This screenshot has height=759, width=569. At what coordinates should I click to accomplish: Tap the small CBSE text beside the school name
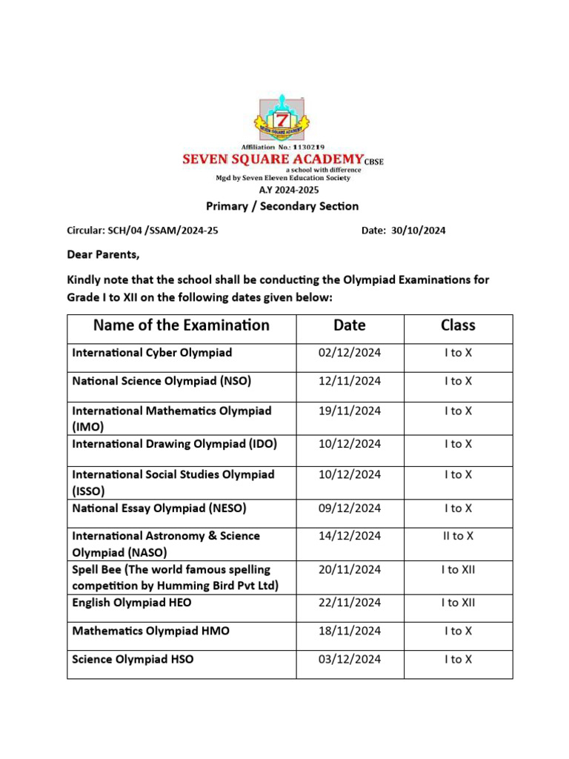tap(374, 162)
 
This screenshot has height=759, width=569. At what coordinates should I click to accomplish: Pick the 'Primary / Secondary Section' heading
tap(282, 207)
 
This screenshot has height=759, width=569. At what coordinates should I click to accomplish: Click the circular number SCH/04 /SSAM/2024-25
tap(143, 231)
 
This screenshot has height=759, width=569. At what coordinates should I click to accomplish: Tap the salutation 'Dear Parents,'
tap(103, 255)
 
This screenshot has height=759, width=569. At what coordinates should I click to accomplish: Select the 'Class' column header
tap(458, 325)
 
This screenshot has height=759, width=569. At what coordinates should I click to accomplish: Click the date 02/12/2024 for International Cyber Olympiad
tap(350, 353)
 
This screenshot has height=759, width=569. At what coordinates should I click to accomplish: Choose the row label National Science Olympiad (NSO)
tap(162, 382)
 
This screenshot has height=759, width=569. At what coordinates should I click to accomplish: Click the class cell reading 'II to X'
tap(458, 536)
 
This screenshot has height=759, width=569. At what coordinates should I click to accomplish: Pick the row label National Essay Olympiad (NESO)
tap(159, 508)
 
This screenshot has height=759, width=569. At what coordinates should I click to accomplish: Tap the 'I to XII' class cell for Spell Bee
tap(458, 570)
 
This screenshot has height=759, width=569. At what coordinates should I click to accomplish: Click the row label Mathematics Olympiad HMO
tap(150, 632)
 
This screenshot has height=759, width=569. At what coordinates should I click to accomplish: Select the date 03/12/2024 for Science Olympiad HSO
tap(350, 660)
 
